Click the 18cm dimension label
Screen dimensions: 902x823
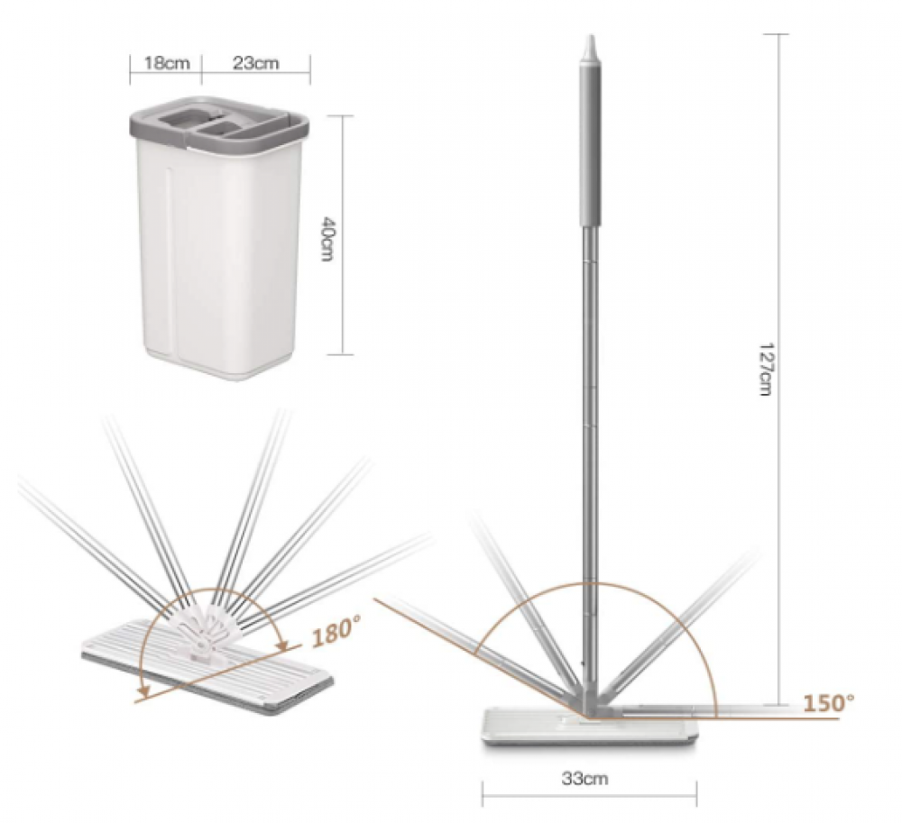pyautogui.click(x=166, y=62)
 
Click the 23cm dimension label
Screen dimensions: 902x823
pyautogui.click(x=256, y=62)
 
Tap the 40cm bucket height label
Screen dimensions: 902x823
pyautogui.click(x=327, y=239)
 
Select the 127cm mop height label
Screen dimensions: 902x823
pyautogui.click(x=765, y=369)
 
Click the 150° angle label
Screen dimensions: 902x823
pyautogui.click(x=828, y=702)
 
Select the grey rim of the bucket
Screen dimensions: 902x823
pyautogui.click(x=218, y=128)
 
